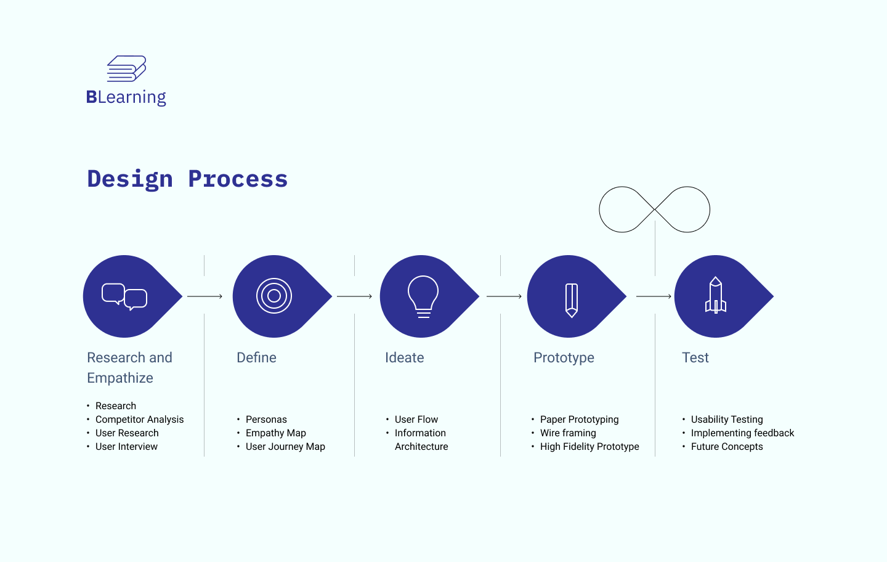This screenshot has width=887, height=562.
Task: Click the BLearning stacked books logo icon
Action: (x=126, y=68)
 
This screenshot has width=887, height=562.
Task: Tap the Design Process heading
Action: (x=187, y=179)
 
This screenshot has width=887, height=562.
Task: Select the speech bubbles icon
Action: (x=124, y=296)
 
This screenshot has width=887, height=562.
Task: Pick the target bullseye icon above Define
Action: (x=274, y=296)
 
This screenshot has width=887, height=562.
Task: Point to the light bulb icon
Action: (x=423, y=296)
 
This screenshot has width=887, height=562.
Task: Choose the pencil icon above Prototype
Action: (x=572, y=300)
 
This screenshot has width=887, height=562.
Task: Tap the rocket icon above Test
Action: (x=716, y=295)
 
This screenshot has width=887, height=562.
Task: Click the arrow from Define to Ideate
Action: (x=354, y=296)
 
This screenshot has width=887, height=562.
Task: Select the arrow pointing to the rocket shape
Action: (x=654, y=296)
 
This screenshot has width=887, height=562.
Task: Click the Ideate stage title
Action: (x=404, y=357)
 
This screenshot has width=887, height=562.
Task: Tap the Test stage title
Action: (x=695, y=357)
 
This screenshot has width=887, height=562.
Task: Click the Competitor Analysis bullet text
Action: (x=139, y=420)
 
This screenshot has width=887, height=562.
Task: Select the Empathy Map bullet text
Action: (x=275, y=433)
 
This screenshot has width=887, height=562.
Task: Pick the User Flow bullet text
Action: (x=416, y=420)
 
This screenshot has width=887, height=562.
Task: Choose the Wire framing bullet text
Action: (x=568, y=433)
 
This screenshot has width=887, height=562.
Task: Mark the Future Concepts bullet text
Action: (x=727, y=447)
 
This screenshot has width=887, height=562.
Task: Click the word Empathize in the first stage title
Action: (x=120, y=378)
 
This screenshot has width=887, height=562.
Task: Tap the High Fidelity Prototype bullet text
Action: (x=589, y=447)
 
